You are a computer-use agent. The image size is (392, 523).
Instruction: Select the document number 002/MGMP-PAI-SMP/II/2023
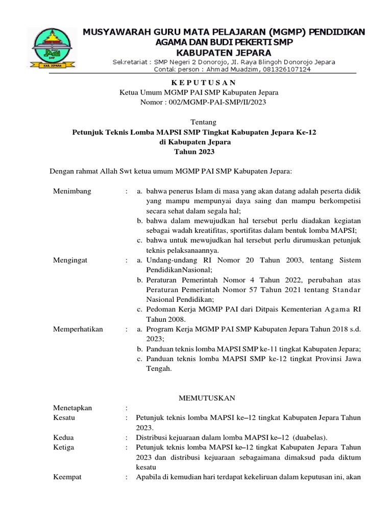[x=203, y=102]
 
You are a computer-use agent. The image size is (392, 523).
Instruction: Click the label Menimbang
[x=72, y=191]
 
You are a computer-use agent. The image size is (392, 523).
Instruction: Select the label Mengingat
[x=70, y=260]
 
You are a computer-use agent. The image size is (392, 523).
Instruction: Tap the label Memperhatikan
[x=78, y=329]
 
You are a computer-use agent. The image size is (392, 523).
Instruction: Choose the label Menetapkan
[x=73, y=408]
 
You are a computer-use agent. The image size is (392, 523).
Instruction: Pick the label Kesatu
[x=64, y=418]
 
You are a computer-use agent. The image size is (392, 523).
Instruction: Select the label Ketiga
[x=64, y=447]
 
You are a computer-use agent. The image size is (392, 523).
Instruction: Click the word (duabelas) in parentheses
[x=309, y=438]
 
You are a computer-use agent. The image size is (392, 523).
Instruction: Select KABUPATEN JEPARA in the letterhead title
[x=224, y=53]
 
